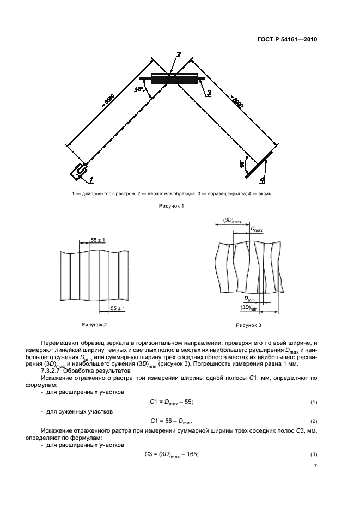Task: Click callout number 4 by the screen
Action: pos(263,179)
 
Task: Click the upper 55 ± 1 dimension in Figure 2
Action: pos(98,240)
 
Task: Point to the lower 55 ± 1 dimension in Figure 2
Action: pos(118,308)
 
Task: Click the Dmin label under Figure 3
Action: pos(249,299)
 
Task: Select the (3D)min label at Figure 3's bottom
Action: pos(248,307)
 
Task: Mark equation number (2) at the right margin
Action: pos(313,422)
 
